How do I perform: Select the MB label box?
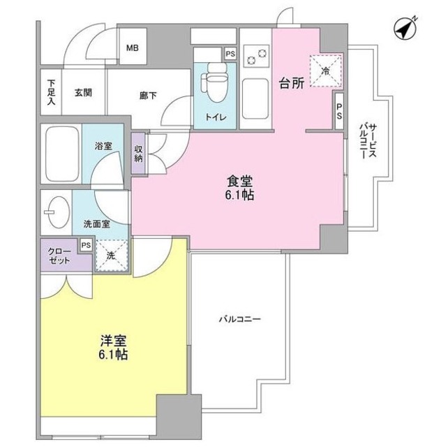point(132,48)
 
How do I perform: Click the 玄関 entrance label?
point(82,92)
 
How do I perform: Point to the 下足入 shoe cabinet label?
point(52,91)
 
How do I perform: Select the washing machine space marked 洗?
point(111,256)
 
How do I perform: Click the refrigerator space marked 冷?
point(326,70)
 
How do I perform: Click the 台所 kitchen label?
point(293,85)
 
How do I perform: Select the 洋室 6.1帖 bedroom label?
point(114,348)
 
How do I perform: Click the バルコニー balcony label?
point(239,319)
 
